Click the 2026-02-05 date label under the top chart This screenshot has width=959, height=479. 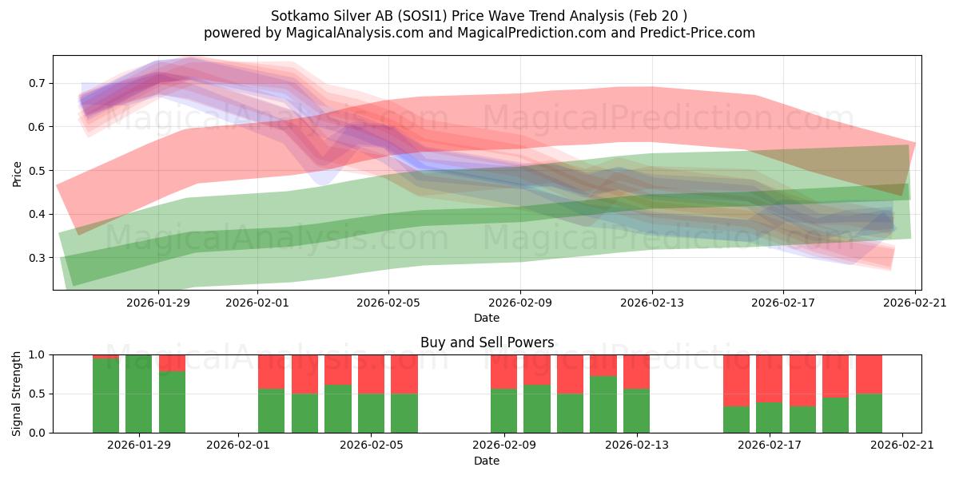[388, 303]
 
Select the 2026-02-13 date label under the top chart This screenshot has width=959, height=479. [652, 303]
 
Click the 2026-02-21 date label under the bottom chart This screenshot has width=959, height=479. [902, 445]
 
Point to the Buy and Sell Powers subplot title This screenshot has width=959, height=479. [487, 342]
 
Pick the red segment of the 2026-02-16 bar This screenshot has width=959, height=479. [736, 380]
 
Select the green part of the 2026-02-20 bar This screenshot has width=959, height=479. [869, 414]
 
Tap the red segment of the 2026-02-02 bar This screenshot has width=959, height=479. [272, 371]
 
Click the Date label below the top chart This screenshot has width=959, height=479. [487, 318]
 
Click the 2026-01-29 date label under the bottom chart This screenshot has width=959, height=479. [139, 445]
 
